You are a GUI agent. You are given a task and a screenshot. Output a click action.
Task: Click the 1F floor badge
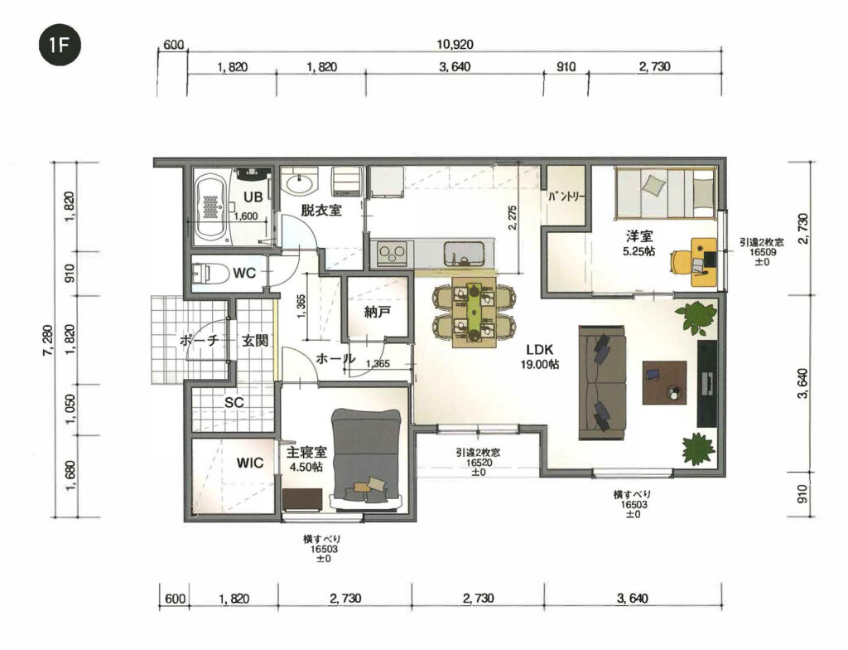(60, 46)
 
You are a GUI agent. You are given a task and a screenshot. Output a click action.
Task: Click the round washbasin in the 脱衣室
(301, 183)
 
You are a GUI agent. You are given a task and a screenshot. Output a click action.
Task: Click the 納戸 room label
(377, 312)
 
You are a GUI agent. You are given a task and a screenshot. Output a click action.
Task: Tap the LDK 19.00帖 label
(539, 357)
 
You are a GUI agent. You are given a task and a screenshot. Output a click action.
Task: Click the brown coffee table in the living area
(665, 383)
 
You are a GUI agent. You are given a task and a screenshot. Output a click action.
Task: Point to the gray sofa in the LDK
(603, 382)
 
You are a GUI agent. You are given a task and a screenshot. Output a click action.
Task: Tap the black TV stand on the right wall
(707, 383)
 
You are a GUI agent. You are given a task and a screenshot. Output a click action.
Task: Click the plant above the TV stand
(696, 316)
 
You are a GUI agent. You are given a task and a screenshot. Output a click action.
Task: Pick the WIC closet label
(250, 463)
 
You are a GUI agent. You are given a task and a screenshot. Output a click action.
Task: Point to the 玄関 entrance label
(255, 340)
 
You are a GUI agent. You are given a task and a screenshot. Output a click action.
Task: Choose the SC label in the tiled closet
(234, 402)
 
